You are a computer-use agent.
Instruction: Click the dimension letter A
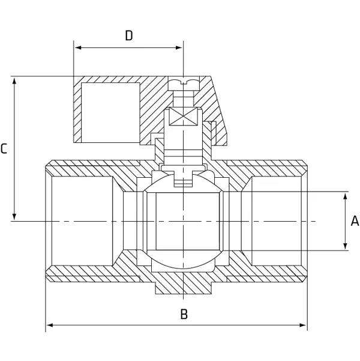point(354,221)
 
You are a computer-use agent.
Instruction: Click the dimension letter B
point(184,314)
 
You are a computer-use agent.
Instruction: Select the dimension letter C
point(4,148)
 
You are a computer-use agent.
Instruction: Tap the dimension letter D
point(128,36)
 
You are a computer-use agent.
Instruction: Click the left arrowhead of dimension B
point(49,326)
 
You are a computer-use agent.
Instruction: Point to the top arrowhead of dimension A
point(346,195)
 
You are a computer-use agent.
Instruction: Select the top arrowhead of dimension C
point(14,80)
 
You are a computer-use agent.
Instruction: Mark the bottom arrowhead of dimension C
point(14,217)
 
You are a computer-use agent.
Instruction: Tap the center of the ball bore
point(184,221)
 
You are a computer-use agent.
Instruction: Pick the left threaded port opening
point(81,221)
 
